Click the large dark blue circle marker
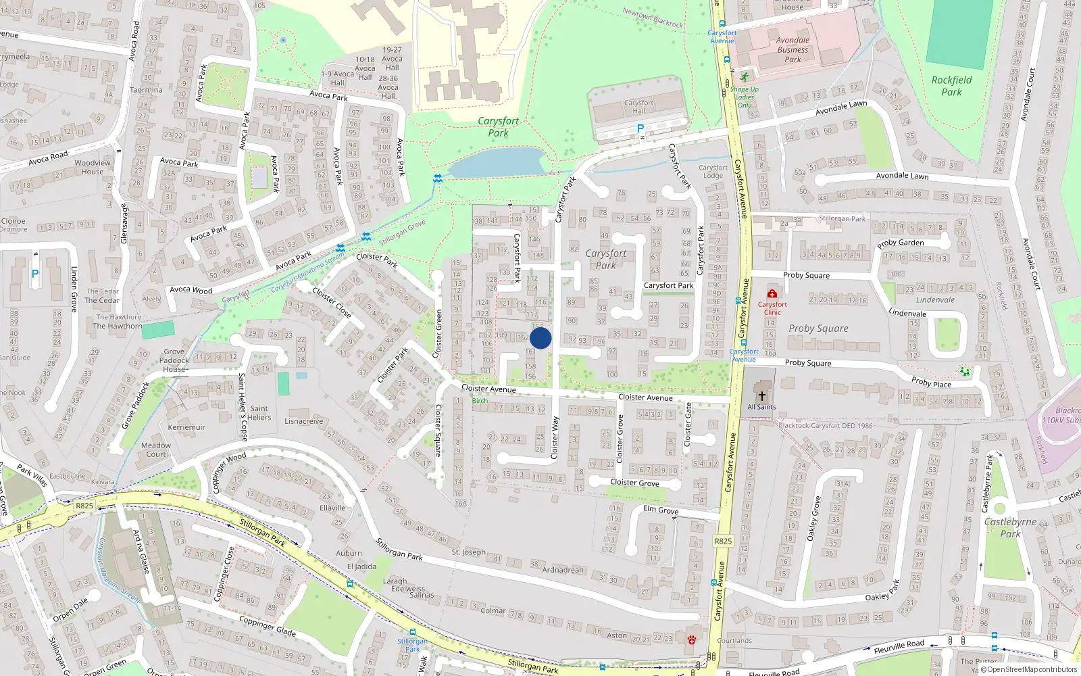pyautogui.click(x=540, y=338)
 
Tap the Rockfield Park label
pyautogui.click(x=951, y=86)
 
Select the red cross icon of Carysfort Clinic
pyautogui.click(x=772, y=293)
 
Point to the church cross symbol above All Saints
pyautogui.click(x=761, y=396)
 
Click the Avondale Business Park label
pyautogui.click(x=793, y=49)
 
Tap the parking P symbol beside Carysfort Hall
pyautogui.click(x=640, y=128)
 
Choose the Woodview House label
pyautogui.click(x=93, y=167)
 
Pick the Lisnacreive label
pyautogui.click(x=303, y=421)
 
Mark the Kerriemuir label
pyautogui.click(x=186, y=427)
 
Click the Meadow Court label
pyautogui.click(x=156, y=450)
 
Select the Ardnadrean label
pyautogui.click(x=563, y=570)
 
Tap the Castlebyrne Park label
pyautogui.click(x=1010, y=527)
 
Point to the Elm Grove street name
pyautogui.click(x=661, y=510)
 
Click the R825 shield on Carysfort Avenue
pyautogui.click(x=723, y=541)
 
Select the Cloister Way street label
pyautogui.click(x=555, y=438)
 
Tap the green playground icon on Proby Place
pyautogui.click(x=965, y=371)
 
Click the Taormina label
pyautogui.click(x=146, y=90)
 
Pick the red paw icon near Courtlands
pyautogui.click(x=691, y=639)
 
